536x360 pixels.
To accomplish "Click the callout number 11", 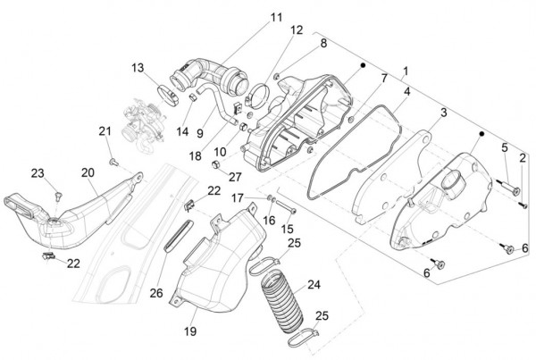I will [250, 17].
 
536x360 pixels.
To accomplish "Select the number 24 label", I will [313, 285].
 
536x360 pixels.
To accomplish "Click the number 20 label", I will [88, 172].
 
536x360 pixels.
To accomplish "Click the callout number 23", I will [38, 173].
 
